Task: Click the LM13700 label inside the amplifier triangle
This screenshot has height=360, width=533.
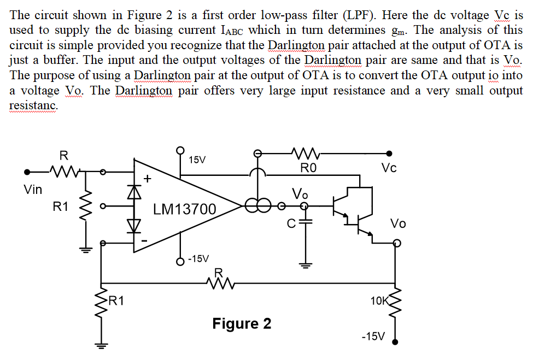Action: point(184,209)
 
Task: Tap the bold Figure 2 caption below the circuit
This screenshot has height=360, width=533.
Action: point(242,324)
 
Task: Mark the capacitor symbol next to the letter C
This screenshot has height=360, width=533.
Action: point(306,222)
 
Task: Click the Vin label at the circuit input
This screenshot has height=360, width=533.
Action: point(33,190)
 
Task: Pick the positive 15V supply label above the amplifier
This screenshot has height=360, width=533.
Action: point(197,160)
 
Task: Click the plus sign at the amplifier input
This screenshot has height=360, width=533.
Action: point(147,178)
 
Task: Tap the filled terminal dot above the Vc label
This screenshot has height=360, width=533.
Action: point(389,154)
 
